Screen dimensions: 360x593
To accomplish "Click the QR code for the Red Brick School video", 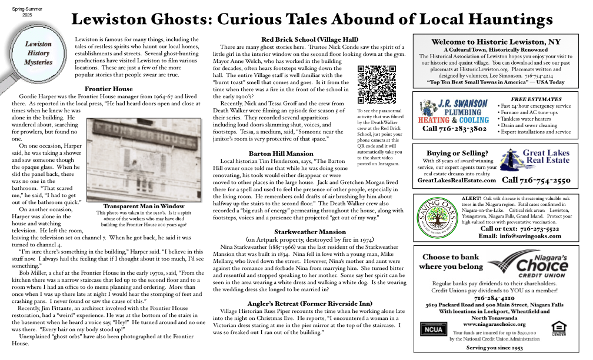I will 377,85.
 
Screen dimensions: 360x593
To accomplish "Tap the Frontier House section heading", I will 109,89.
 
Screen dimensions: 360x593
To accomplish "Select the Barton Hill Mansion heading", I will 281,154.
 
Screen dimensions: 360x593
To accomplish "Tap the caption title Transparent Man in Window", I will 144,206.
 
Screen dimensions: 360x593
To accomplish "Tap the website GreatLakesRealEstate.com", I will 457,181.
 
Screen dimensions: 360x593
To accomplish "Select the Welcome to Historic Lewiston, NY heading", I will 495,42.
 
